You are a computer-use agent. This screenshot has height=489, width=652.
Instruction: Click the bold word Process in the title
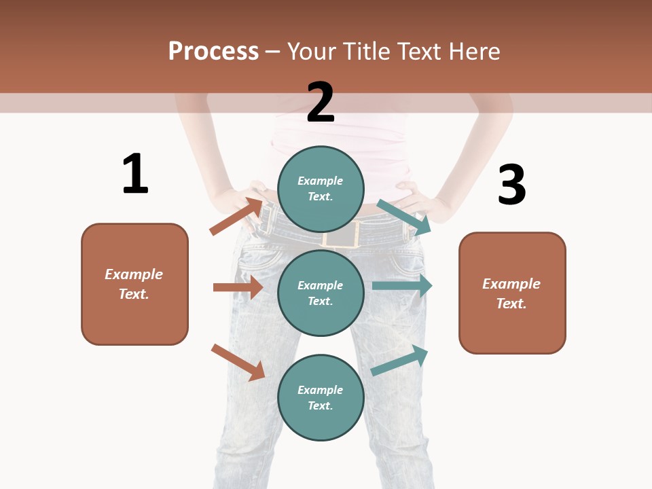click(213, 51)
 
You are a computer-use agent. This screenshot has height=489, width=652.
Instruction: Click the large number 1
click(135, 174)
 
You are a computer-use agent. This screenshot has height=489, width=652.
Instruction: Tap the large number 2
click(321, 102)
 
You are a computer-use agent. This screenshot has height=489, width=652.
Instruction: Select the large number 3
click(511, 185)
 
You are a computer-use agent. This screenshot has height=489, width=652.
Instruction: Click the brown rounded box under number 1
click(134, 284)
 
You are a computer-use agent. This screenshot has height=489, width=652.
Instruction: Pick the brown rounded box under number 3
click(512, 293)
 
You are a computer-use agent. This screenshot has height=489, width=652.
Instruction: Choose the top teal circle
click(321, 189)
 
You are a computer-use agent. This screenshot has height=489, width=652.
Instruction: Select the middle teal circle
click(321, 293)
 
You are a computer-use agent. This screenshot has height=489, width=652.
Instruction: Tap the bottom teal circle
click(321, 397)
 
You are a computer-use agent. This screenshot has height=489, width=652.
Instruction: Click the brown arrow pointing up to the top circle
click(236, 216)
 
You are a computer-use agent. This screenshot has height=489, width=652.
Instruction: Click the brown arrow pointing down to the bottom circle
click(238, 362)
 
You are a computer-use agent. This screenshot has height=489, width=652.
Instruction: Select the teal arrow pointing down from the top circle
click(404, 217)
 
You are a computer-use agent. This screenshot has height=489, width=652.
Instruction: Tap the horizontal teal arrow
click(402, 285)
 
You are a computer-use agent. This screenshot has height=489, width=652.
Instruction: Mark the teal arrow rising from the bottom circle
click(400, 361)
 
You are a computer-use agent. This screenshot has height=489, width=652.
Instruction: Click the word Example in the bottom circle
click(321, 390)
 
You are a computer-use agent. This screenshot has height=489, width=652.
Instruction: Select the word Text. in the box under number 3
click(511, 304)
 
